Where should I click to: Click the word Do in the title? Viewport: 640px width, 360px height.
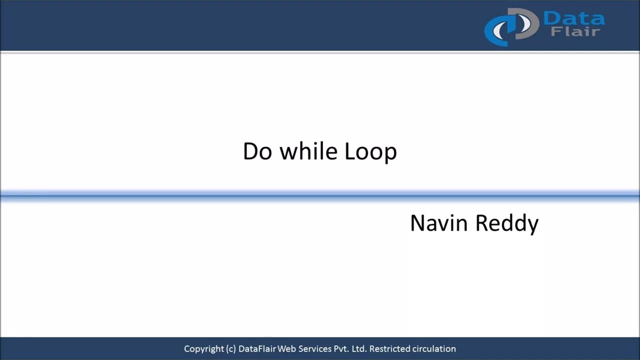pyautogui.click(x=257, y=151)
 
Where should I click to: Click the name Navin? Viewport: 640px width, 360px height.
pyautogui.click(x=439, y=223)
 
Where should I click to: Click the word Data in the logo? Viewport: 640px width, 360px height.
pyautogui.click(x=573, y=19)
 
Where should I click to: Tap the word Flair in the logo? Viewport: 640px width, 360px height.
pyautogui.click(x=575, y=32)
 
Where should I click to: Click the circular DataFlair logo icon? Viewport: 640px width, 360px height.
pyautogui.click(x=510, y=27)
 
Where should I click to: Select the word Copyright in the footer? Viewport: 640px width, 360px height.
pyautogui.click(x=203, y=349)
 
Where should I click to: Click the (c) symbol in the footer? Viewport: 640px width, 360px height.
pyautogui.click(x=230, y=349)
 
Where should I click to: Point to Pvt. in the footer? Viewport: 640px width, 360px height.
pyautogui.click(x=341, y=349)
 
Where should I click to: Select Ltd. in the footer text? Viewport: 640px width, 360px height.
pyautogui.click(x=359, y=349)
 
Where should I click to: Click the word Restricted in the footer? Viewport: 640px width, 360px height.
pyautogui.click(x=390, y=349)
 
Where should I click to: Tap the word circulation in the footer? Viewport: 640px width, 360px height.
pyautogui.click(x=434, y=349)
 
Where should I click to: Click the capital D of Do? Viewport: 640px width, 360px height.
pyautogui.click(x=250, y=151)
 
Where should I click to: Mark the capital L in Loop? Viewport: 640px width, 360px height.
pyautogui.click(x=349, y=151)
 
